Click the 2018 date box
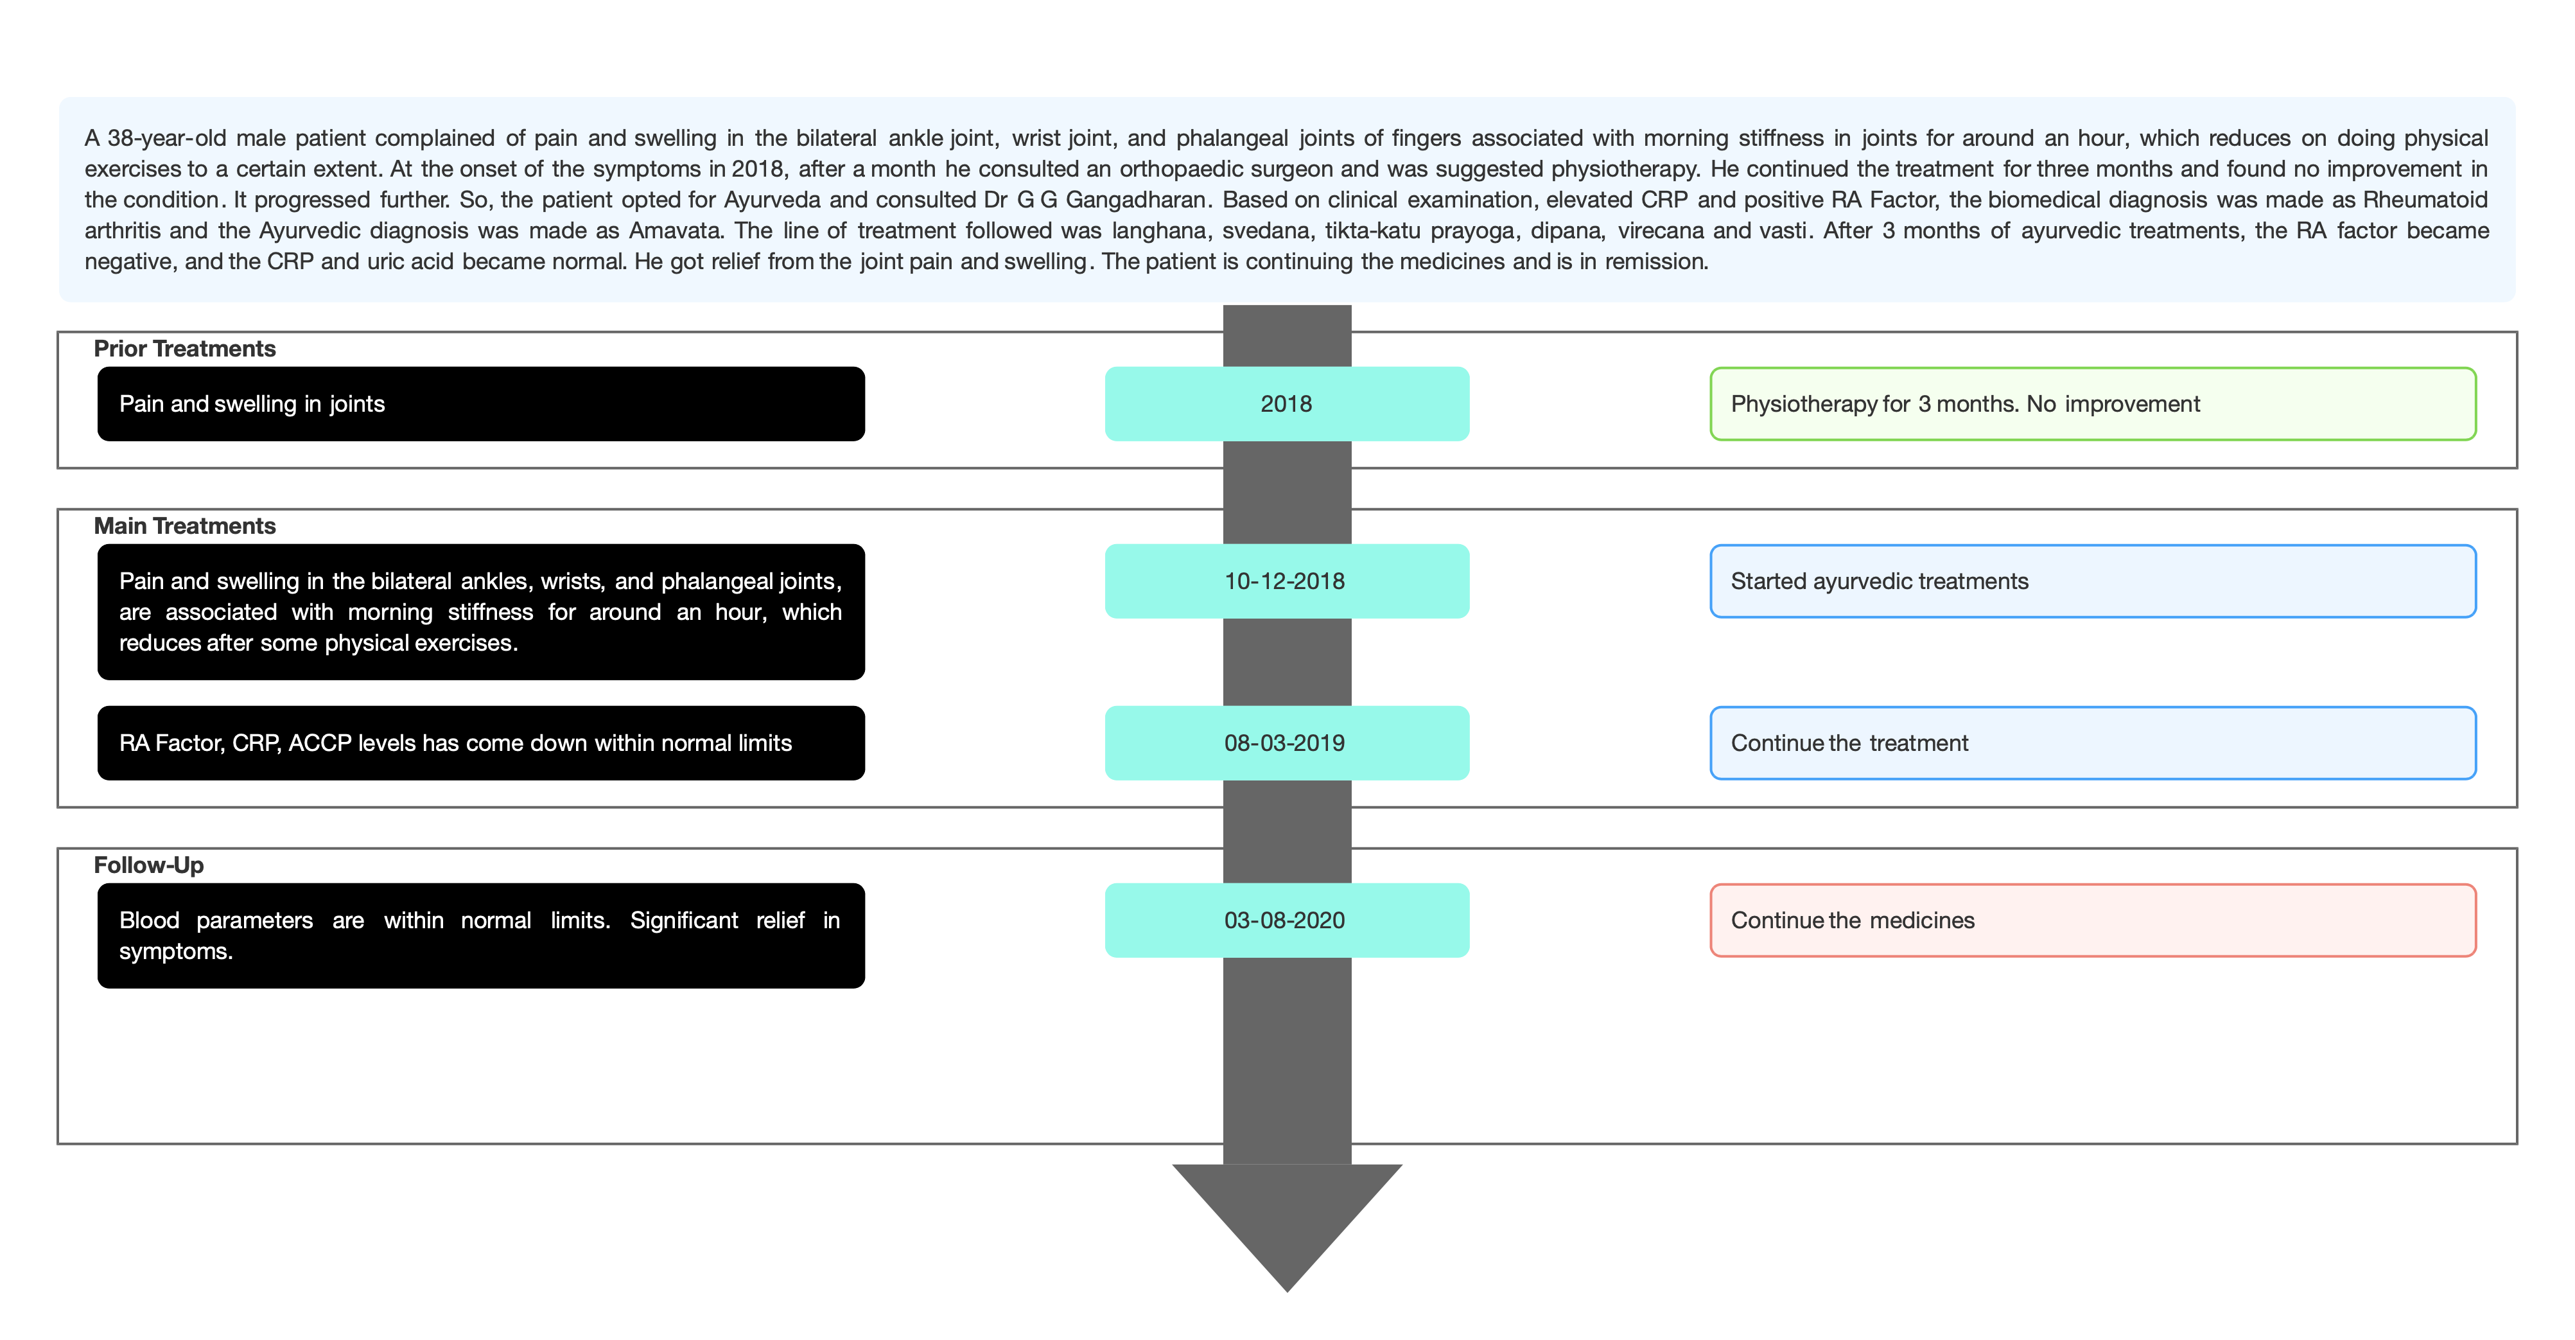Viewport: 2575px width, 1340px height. [1286, 404]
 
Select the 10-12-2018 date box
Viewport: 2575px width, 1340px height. [1286, 581]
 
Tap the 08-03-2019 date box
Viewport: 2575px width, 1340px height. [1286, 743]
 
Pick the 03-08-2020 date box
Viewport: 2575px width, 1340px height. [1286, 920]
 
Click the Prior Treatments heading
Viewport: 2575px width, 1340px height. [185, 349]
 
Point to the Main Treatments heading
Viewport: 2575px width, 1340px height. [185, 526]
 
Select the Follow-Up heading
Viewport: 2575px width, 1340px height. [149, 865]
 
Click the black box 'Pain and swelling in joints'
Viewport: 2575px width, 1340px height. [481, 404]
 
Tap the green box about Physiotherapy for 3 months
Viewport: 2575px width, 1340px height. [2093, 404]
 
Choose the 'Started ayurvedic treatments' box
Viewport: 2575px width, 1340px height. [2093, 581]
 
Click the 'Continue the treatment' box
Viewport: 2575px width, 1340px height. [2093, 743]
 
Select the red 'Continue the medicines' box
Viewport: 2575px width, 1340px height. [2093, 920]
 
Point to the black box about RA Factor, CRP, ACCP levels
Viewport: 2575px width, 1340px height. [481, 743]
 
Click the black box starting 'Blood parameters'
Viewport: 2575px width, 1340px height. [481, 936]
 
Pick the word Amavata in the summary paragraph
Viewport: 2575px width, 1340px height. [675, 231]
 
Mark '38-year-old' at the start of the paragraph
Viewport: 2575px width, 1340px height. [167, 138]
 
